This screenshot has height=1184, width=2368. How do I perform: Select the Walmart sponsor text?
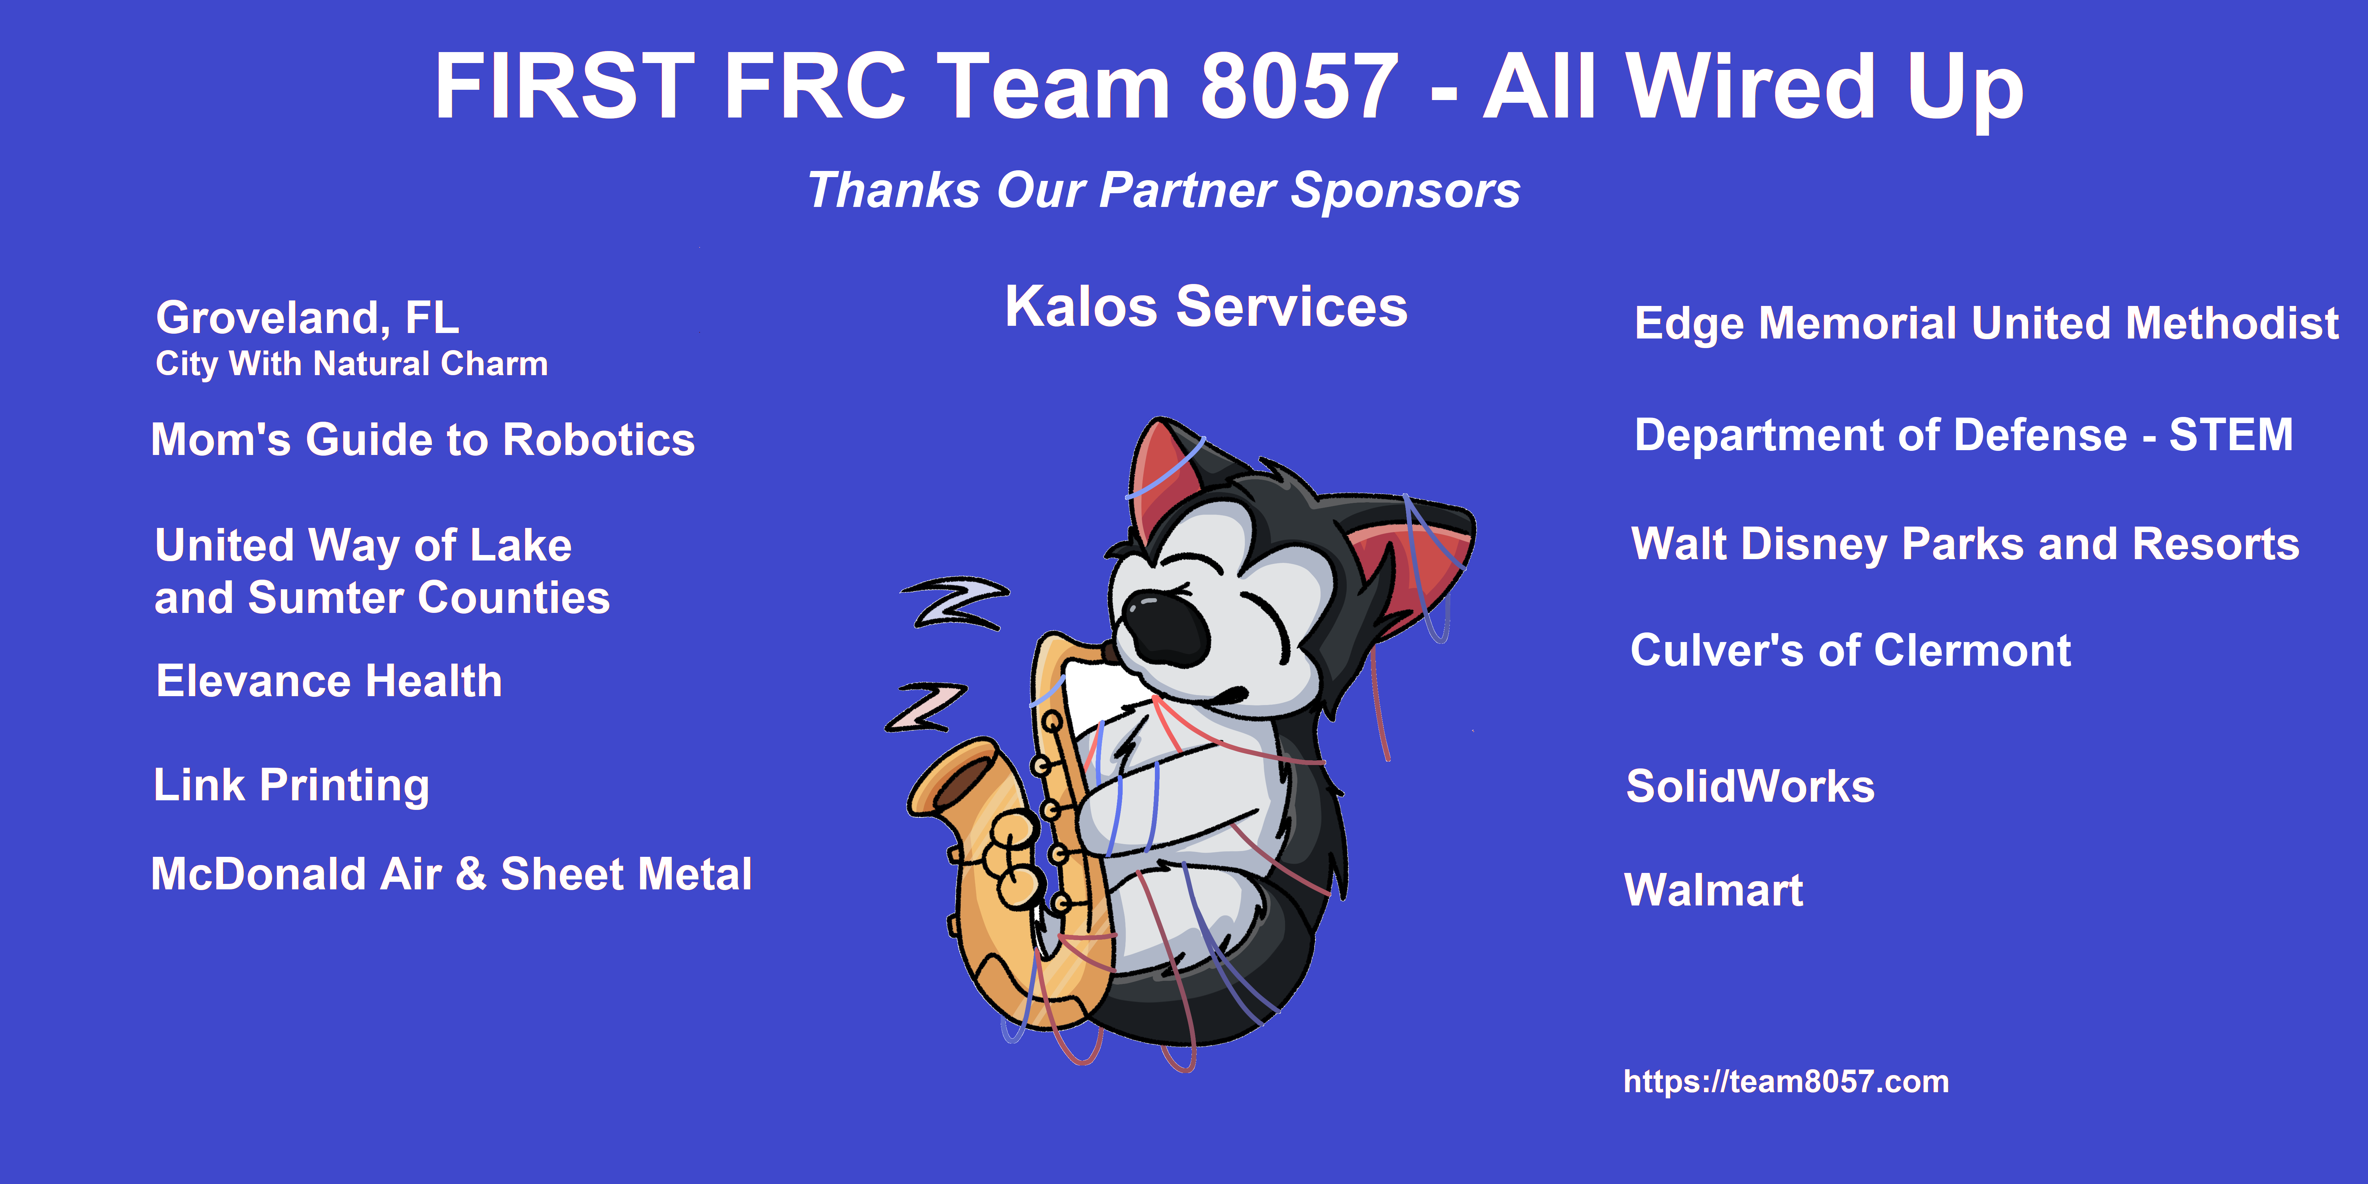[x=1714, y=890]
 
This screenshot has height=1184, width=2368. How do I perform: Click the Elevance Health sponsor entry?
[x=329, y=681]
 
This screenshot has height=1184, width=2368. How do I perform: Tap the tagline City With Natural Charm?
[x=352, y=364]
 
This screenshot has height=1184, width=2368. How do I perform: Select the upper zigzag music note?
[x=954, y=603]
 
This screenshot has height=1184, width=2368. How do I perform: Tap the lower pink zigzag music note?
[x=925, y=707]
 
